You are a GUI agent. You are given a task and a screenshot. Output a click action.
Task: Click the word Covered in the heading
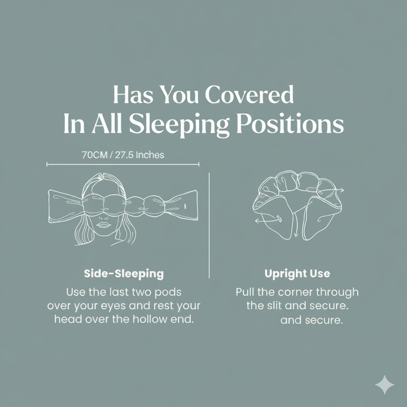[x=249, y=95]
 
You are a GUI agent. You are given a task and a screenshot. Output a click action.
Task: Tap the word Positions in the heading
[x=290, y=124]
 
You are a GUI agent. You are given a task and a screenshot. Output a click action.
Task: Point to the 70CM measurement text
[x=95, y=155]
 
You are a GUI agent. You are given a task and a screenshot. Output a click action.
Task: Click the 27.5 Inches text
[x=139, y=155]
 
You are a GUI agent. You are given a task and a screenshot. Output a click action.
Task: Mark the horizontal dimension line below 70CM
[x=123, y=164]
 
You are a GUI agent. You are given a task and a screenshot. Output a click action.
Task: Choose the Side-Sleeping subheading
[x=124, y=273]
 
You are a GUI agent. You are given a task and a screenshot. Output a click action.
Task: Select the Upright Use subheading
[x=297, y=273]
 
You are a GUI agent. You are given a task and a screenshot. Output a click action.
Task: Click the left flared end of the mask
[x=64, y=205]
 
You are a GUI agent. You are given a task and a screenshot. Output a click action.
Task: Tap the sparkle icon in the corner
[x=385, y=385]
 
